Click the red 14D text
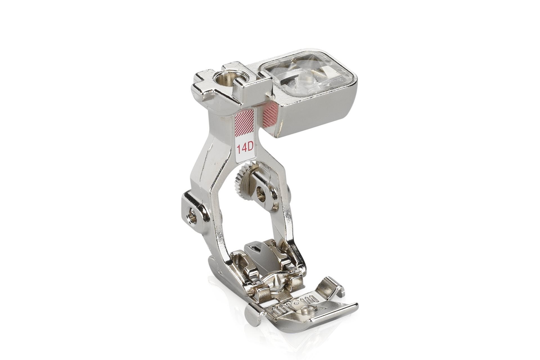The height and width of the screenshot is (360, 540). coord(245,148)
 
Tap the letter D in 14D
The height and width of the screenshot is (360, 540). coord(250,148)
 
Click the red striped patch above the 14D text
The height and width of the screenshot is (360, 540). coord(244,121)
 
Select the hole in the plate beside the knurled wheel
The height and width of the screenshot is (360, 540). coord(262,195)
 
